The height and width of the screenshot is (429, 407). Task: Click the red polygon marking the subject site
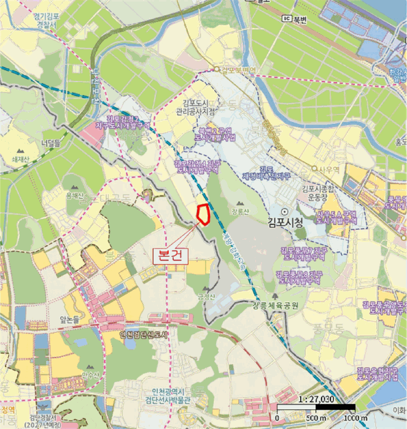(x=203, y=213)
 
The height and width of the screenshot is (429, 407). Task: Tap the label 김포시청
(x=285, y=222)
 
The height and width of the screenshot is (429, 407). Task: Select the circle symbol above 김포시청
(x=284, y=210)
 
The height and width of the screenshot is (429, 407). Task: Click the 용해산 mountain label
(x=74, y=196)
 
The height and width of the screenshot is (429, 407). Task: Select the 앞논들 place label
(x=71, y=320)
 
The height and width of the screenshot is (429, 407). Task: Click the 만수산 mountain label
(x=90, y=375)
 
